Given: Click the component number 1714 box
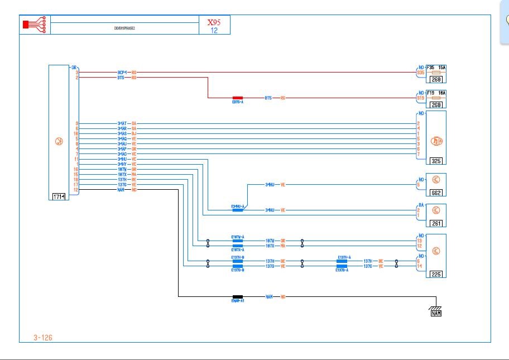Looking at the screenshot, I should (59, 197).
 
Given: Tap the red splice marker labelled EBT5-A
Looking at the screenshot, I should (238, 98).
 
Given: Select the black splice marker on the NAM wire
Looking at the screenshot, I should (238, 297).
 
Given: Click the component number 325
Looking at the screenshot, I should (436, 161).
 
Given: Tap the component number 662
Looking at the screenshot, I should (436, 193).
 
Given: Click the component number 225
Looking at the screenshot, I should (436, 275).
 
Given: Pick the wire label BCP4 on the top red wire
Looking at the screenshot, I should (122, 72).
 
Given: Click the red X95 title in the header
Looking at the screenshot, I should (214, 23).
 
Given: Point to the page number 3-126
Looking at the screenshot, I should (43, 337).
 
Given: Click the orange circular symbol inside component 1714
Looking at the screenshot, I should (59, 142).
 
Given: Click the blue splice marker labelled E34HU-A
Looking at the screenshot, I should (238, 210).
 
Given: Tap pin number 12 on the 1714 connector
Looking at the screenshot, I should (76, 190).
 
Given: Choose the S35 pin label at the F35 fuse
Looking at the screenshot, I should (420, 73).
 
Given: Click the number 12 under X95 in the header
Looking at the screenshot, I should (214, 31).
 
